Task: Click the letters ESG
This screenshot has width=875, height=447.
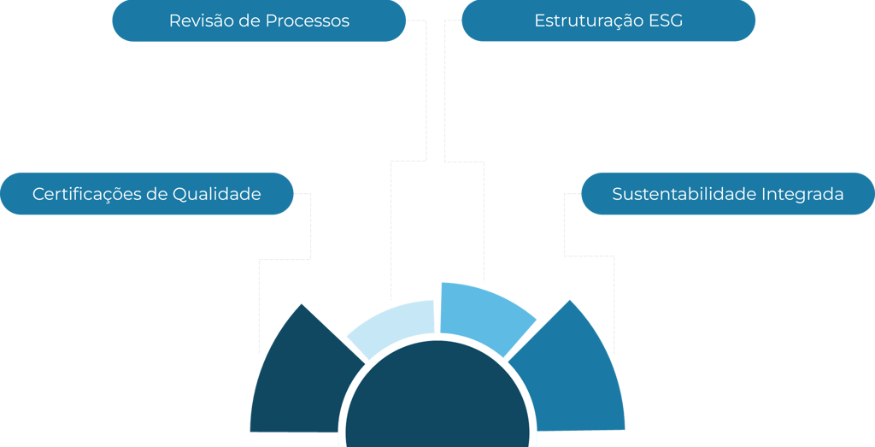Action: tap(666, 21)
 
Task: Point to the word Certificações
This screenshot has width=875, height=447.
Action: tap(87, 194)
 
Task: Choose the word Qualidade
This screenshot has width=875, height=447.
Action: tap(217, 194)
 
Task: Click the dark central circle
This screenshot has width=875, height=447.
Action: tap(437, 402)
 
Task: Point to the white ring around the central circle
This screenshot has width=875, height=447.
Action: tap(437, 337)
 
